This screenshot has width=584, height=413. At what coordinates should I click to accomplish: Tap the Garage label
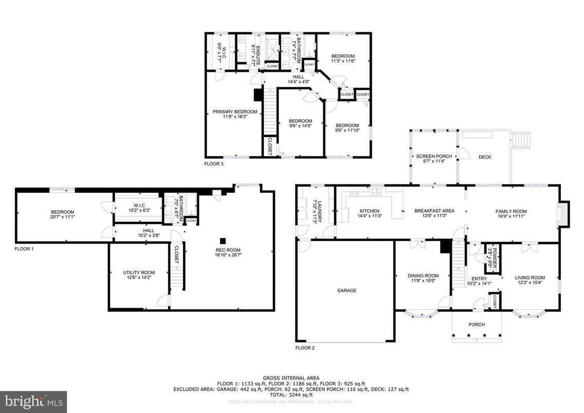point(347,291)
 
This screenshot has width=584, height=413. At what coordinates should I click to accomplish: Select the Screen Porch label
point(434,157)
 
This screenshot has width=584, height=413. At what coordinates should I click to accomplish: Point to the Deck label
point(485,157)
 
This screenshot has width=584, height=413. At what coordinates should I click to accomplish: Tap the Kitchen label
point(369,211)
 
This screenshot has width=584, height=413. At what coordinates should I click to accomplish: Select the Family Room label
point(511,211)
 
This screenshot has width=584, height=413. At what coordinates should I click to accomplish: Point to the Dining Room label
point(424,276)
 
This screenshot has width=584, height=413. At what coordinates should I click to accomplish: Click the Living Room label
point(530,278)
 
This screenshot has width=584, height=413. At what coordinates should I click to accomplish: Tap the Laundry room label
point(318,211)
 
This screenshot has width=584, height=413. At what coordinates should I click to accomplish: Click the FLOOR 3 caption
point(214,164)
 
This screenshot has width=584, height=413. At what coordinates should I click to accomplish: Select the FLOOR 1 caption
point(24,249)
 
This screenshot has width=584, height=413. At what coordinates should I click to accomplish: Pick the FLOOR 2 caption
point(305,348)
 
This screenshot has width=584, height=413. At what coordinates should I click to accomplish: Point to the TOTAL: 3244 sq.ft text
point(292,396)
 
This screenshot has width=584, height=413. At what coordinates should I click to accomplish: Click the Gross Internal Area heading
point(292,377)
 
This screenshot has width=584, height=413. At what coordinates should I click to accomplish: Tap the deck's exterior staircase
point(521,140)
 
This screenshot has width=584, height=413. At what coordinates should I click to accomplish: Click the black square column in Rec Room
point(223,240)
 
